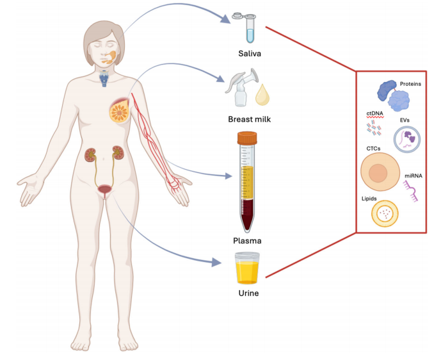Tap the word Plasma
point(247,240)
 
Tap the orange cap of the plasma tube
point(246,137)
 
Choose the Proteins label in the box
point(410,84)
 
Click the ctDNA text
point(374,113)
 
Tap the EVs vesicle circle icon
point(407,138)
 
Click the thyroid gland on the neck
point(104,79)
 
